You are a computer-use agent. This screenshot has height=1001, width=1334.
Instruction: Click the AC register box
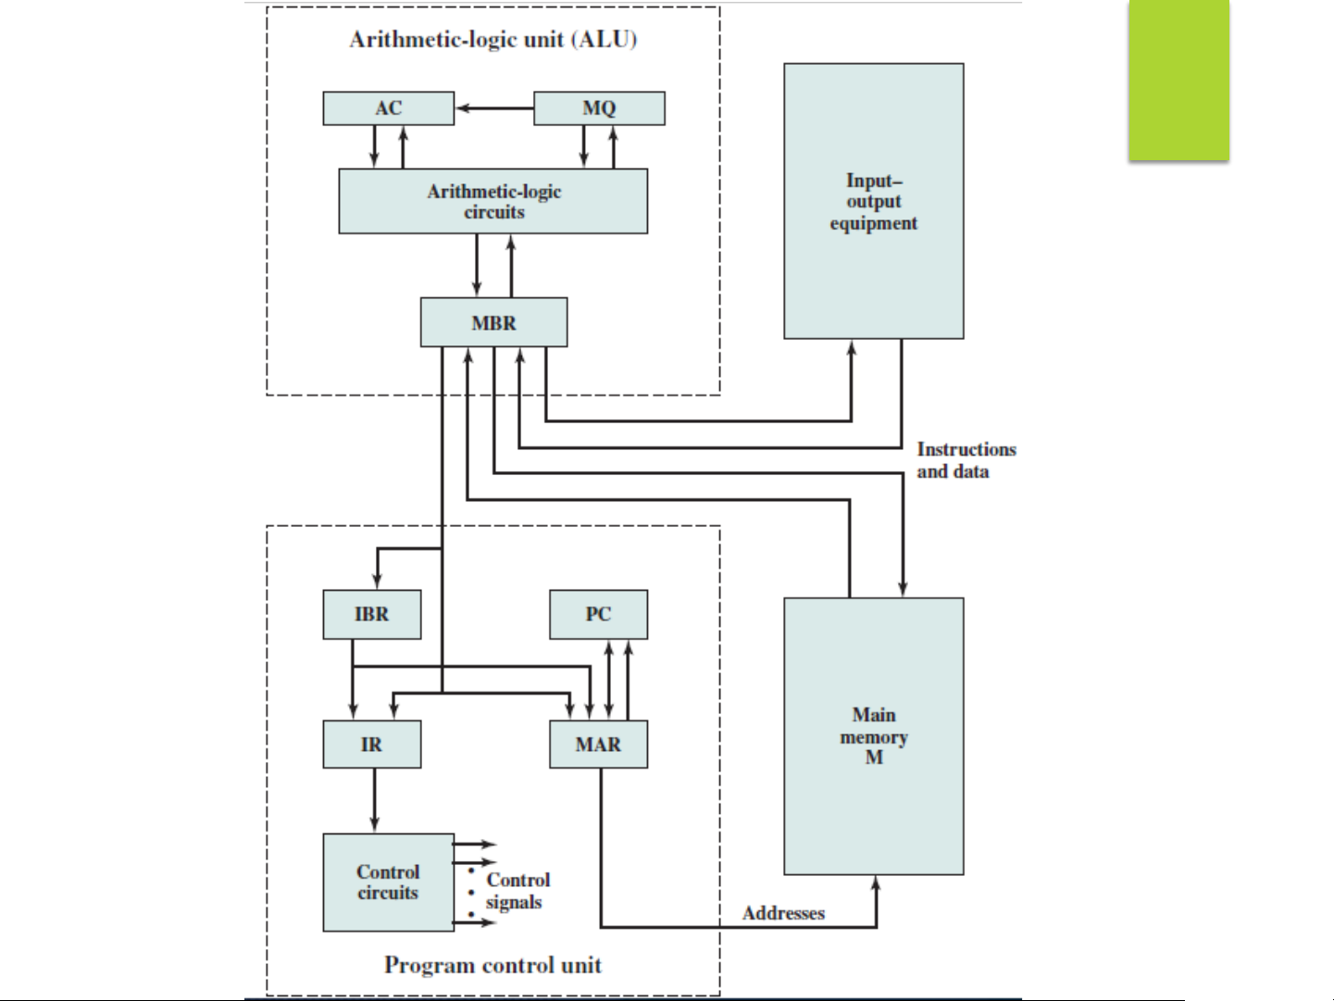point(388,108)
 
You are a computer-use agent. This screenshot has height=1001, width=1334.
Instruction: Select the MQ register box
point(599,108)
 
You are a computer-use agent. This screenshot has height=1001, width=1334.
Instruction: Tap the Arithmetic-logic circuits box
point(493,201)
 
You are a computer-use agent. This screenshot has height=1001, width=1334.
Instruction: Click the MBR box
point(493,322)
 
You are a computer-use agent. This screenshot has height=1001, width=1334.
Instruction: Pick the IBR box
point(371,614)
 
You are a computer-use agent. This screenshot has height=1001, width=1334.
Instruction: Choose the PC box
point(598,614)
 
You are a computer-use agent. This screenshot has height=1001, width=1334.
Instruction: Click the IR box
point(371,744)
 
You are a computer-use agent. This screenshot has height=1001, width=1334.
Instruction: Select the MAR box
point(598,744)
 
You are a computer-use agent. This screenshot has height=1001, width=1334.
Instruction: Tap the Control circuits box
point(388,882)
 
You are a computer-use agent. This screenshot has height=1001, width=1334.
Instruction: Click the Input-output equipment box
point(873,201)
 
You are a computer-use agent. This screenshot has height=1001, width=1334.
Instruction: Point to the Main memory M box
point(873,736)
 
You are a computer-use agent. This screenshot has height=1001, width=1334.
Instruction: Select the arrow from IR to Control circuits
point(374,800)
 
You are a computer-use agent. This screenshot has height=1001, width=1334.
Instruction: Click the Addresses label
point(783,913)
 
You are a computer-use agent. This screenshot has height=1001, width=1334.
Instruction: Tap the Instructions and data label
point(966,460)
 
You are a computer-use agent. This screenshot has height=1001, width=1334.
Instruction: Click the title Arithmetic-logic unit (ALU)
point(493,40)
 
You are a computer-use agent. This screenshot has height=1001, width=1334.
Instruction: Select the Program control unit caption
point(492,965)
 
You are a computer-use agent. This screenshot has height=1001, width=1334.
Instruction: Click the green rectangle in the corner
point(1178,81)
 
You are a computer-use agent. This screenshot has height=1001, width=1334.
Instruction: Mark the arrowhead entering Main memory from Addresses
point(876,885)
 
